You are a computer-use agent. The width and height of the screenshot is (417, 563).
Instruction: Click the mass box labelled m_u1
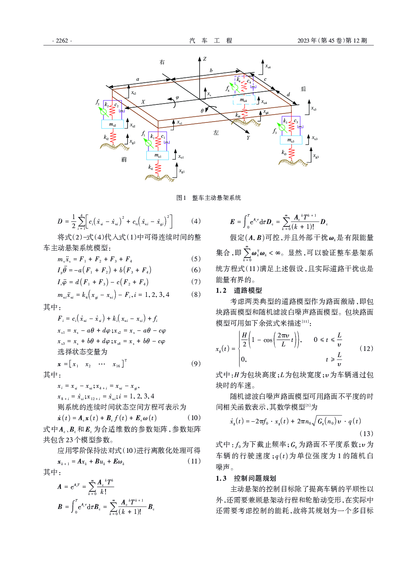click(x=157, y=156)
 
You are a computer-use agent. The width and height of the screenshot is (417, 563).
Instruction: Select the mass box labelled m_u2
click(x=112, y=124)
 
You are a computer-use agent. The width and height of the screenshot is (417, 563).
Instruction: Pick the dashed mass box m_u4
click(x=244, y=100)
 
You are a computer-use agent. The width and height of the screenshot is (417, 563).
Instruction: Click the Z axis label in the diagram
click(x=205, y=59)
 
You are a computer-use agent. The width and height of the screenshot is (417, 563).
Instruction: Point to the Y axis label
click(x=248, y=138)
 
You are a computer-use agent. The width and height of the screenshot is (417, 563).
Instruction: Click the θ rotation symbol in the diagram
click(x=202, y=111)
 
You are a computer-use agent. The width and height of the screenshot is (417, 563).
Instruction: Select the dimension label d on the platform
click(x=288, y=95)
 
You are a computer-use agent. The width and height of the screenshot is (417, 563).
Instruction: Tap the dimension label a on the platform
click(x=138, y=79)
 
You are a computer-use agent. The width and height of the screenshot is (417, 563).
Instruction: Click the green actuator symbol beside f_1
click(x=149, y=143)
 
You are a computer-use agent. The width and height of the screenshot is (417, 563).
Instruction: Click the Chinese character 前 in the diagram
click(x=124, y=160)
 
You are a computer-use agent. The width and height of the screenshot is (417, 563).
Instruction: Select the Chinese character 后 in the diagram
click(x=303, y=89)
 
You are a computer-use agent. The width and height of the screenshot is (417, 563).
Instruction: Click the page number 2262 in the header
click(x=62, y=41)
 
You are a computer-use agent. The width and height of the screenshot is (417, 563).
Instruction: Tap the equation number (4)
click(x=196, y=221)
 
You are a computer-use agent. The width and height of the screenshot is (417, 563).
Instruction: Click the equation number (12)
click(x=366, y=348)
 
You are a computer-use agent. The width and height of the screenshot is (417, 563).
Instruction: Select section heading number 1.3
click(x=221, y=478)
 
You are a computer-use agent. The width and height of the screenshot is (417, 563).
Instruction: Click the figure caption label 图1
click(x=181, y=198)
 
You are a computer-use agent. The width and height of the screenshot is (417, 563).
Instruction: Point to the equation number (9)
click(x=196, y=364)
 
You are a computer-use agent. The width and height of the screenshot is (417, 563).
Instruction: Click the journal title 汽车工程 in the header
click(x=211, y=41)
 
